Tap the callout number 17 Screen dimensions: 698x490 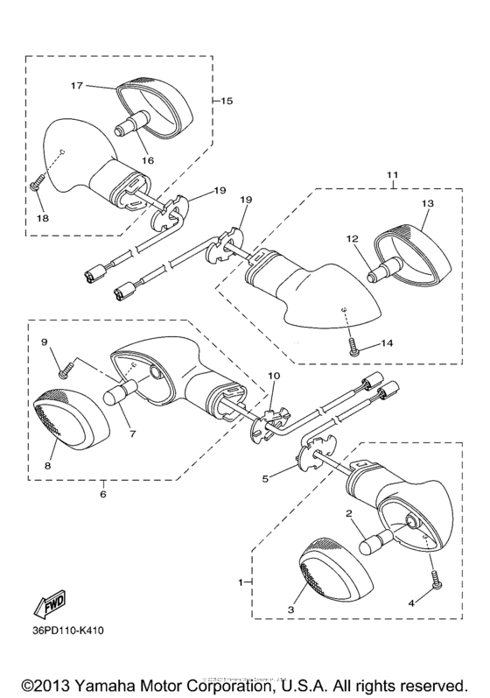click(76, 86)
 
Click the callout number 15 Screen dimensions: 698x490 click(227, 101)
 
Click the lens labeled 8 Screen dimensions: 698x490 click(73, 433)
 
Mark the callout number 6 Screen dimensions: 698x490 click(102, 495)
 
